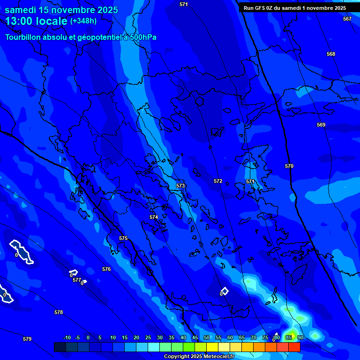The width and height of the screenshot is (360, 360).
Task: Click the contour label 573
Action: pos(180,186)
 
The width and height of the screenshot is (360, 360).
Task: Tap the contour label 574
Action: pos(154,217)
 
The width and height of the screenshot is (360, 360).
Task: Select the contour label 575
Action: pos(123,239)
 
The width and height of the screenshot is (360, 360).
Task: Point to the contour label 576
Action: pos(106,270)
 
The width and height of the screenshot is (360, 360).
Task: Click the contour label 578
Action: pos(59,312)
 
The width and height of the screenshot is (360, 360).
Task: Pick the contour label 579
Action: pos(27,339)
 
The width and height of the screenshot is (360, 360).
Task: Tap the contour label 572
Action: pos(218,181)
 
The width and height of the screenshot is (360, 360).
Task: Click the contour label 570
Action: pos(289,166)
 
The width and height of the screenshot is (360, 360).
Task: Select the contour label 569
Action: pos(321,125)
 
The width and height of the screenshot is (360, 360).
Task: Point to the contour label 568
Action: pos(331,54)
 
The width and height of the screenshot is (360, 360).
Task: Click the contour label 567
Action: pos(347,19)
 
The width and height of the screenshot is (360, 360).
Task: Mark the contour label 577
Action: pos(77,280)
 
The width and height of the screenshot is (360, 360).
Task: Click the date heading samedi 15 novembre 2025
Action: pos(61,10)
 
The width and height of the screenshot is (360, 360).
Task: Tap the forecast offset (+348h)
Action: pos(83,21)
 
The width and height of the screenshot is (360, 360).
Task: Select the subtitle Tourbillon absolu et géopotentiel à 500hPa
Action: pos(81,37)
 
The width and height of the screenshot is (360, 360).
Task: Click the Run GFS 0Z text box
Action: pos(295,8)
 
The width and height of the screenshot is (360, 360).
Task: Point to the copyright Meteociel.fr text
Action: pos(199,357)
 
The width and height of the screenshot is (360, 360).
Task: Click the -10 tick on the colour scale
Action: pos(67,337)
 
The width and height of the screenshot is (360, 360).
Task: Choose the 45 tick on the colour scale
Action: pos(195,337)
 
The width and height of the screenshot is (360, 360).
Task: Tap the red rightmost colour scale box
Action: pos(294,347)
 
